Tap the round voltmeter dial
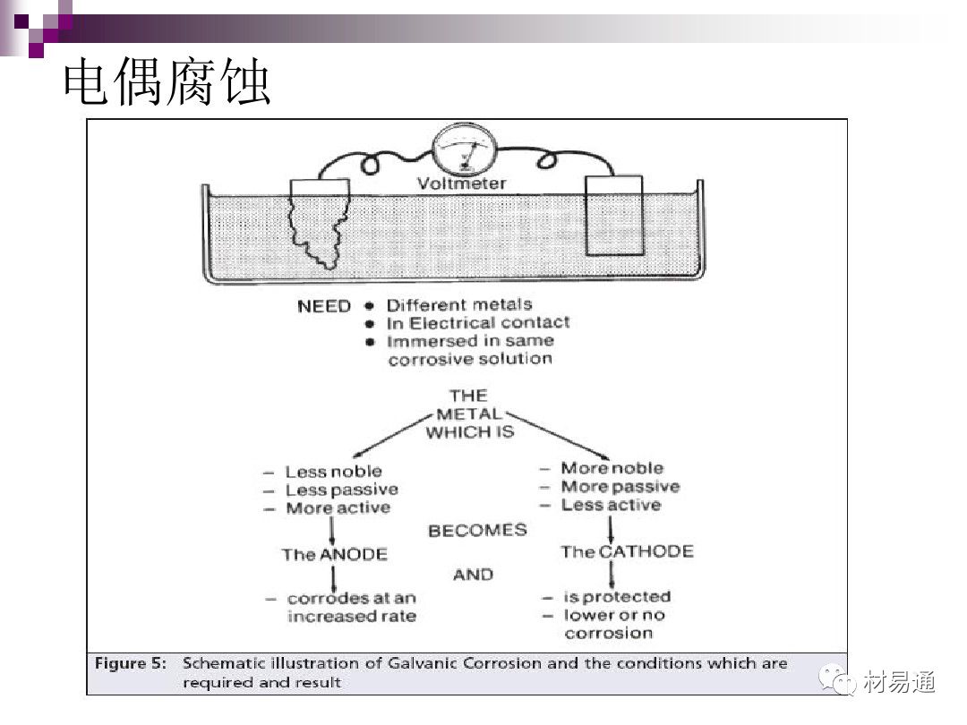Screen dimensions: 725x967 (x=464, y=150)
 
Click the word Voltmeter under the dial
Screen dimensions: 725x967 (x=462, y=183)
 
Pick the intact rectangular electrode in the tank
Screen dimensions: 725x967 (x=613, y=217)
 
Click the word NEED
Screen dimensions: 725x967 (x=323, y=306)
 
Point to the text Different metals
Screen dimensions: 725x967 (x=458, y=305)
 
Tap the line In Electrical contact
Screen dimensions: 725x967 (x=477, y=323)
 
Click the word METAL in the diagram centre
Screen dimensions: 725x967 (x=469, y=414)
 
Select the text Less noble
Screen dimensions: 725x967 (x=333, y=472)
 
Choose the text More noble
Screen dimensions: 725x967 (x=612, y=468)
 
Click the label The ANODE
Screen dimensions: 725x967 (x=334, y=554)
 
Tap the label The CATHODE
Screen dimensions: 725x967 (x=627, y=551)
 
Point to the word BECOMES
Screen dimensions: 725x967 (x=477, y=530)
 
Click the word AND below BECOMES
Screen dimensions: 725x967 (x=473, y=574)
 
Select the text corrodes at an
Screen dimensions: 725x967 (x=352, y=598)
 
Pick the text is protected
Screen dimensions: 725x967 (x=617, y=596)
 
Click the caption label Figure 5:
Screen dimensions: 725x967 (x=132, y=663)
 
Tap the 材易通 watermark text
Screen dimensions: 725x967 (x=900, y=682)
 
